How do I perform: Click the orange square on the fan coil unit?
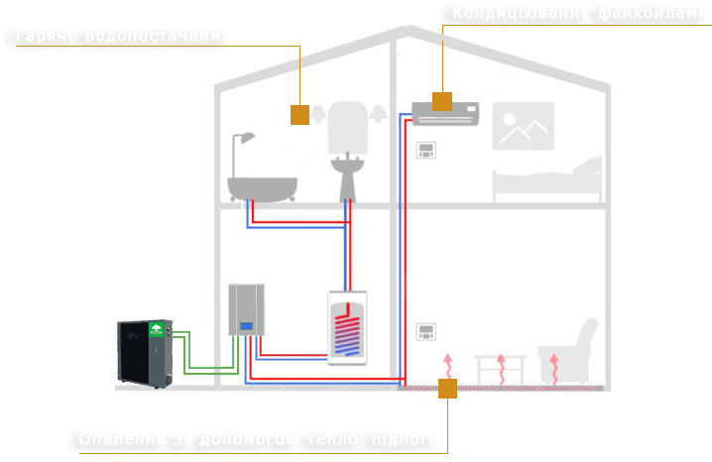pyautogui.click(x=442, y=101)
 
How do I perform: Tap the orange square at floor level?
pyautogui.click(x=447, y=388)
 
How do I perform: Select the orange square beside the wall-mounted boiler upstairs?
pyautogui.click(x=300, y=115)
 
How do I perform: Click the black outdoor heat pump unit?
pyautogui.click(x=146, y=353)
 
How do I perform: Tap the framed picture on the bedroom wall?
pyautogui.click(x=523, y=127)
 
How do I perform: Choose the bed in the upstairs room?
pyautogui.click(x=547, y=178)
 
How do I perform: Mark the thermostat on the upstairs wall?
pyautogui.click(x=425, y=151)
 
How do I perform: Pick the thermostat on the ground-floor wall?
pyautogui.click(x=425, y=330)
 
